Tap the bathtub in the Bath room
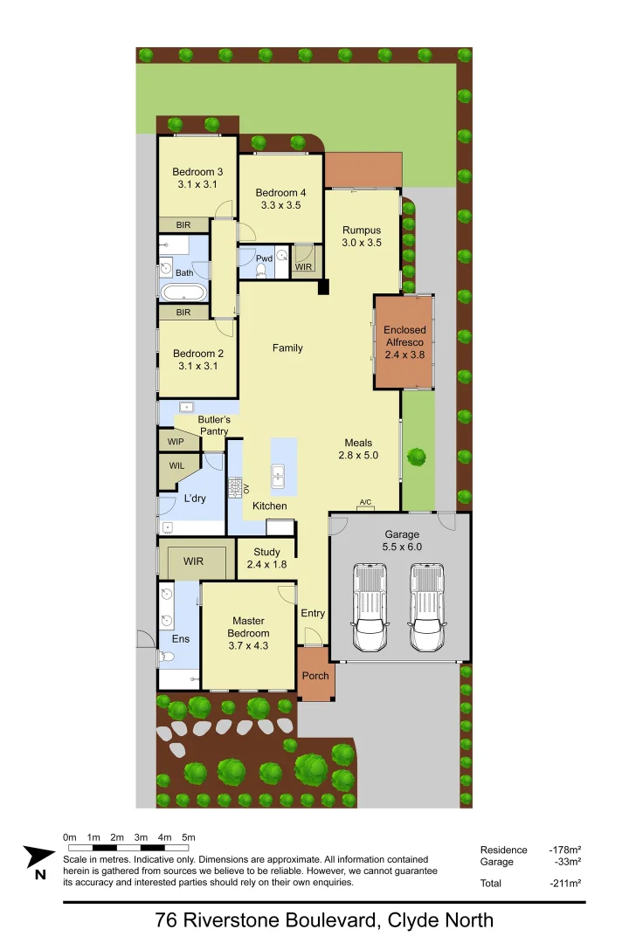click(x=184, y=292)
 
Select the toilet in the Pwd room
click(x=259, y=270)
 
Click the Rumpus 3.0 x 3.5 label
click(x=362, y=237)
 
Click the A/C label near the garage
click(x=365, y=502)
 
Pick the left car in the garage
click(x=370, y=608)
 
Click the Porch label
click(x=315, y=676)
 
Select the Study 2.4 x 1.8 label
click(x=266, y=558)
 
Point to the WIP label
click(x=176, y=442)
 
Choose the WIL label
click(x=176, y=465)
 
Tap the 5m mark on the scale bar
click(x=188, y=838)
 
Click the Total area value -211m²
click(x=565, y=883)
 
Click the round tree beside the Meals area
click(x=416, y=456)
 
